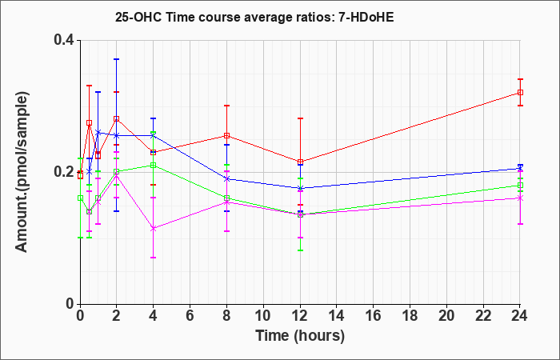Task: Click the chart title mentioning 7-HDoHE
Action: (254, 17)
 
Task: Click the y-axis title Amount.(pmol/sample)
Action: (22, 172)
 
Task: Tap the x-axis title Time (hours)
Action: (300, 336)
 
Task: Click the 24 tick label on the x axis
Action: (520, 315)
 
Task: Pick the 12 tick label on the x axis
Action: (300, 315)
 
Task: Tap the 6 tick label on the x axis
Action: (190, 315)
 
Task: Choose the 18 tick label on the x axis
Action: (410, 315)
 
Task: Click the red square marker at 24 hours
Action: (520, 93)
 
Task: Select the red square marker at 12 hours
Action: (300, 162)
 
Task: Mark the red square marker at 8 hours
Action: (226, 136)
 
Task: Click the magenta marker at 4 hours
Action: (154, 228)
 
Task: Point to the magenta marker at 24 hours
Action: (520, 198)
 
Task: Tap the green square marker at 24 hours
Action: (520, 185)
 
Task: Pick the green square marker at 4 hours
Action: (154, 165)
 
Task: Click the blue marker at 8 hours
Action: (226, 179)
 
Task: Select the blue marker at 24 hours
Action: (520, 169)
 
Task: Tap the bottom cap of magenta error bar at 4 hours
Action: (154, 257)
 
